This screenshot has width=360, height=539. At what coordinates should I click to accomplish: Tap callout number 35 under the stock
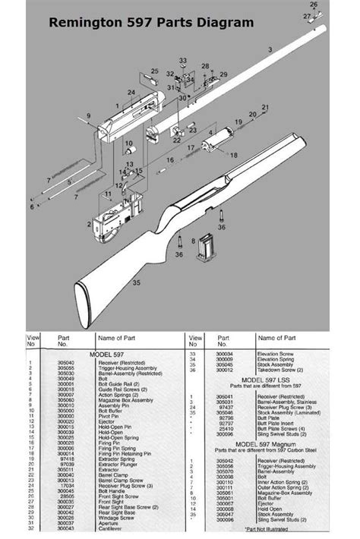tap(137, 282)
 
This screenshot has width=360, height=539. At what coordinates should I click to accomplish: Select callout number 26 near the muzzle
tap(314, 5)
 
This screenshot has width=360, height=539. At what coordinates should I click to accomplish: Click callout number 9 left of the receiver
tap(89, 116)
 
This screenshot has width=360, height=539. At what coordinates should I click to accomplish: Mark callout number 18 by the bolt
tap(234, 155)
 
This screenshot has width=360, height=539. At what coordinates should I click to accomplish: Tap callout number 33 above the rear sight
tap(182, 60)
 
